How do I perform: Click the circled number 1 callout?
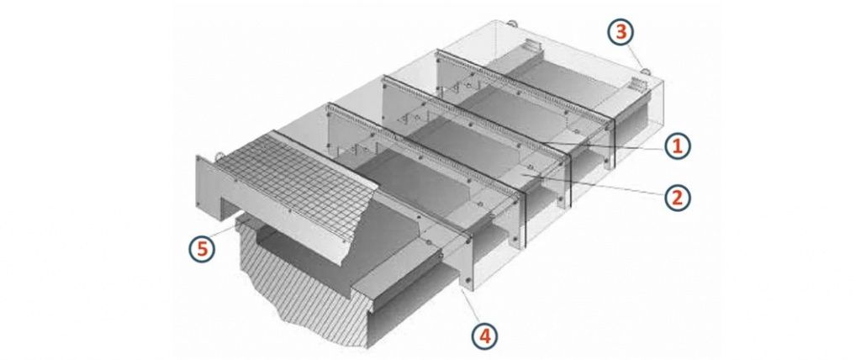pyautogui.click(x=677, y=146)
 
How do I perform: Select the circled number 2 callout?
pyautogui.click(x=677, y=197)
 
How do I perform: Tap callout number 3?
pyautogui.click(x=621, y=32)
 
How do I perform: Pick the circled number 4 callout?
pyautogui.click(x=485, y=336)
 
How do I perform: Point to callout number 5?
pyautogui.click(x=203, y=248)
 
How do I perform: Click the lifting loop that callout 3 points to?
pyautogui.click(x=646, y=71)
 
